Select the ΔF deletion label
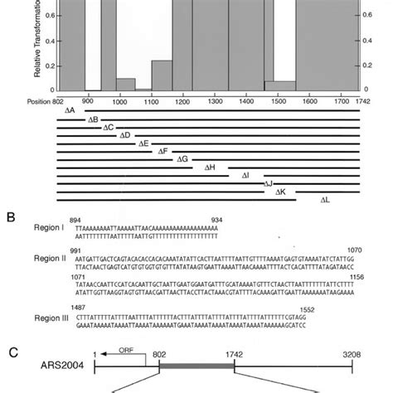point(163,151)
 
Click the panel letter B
point(11,218)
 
